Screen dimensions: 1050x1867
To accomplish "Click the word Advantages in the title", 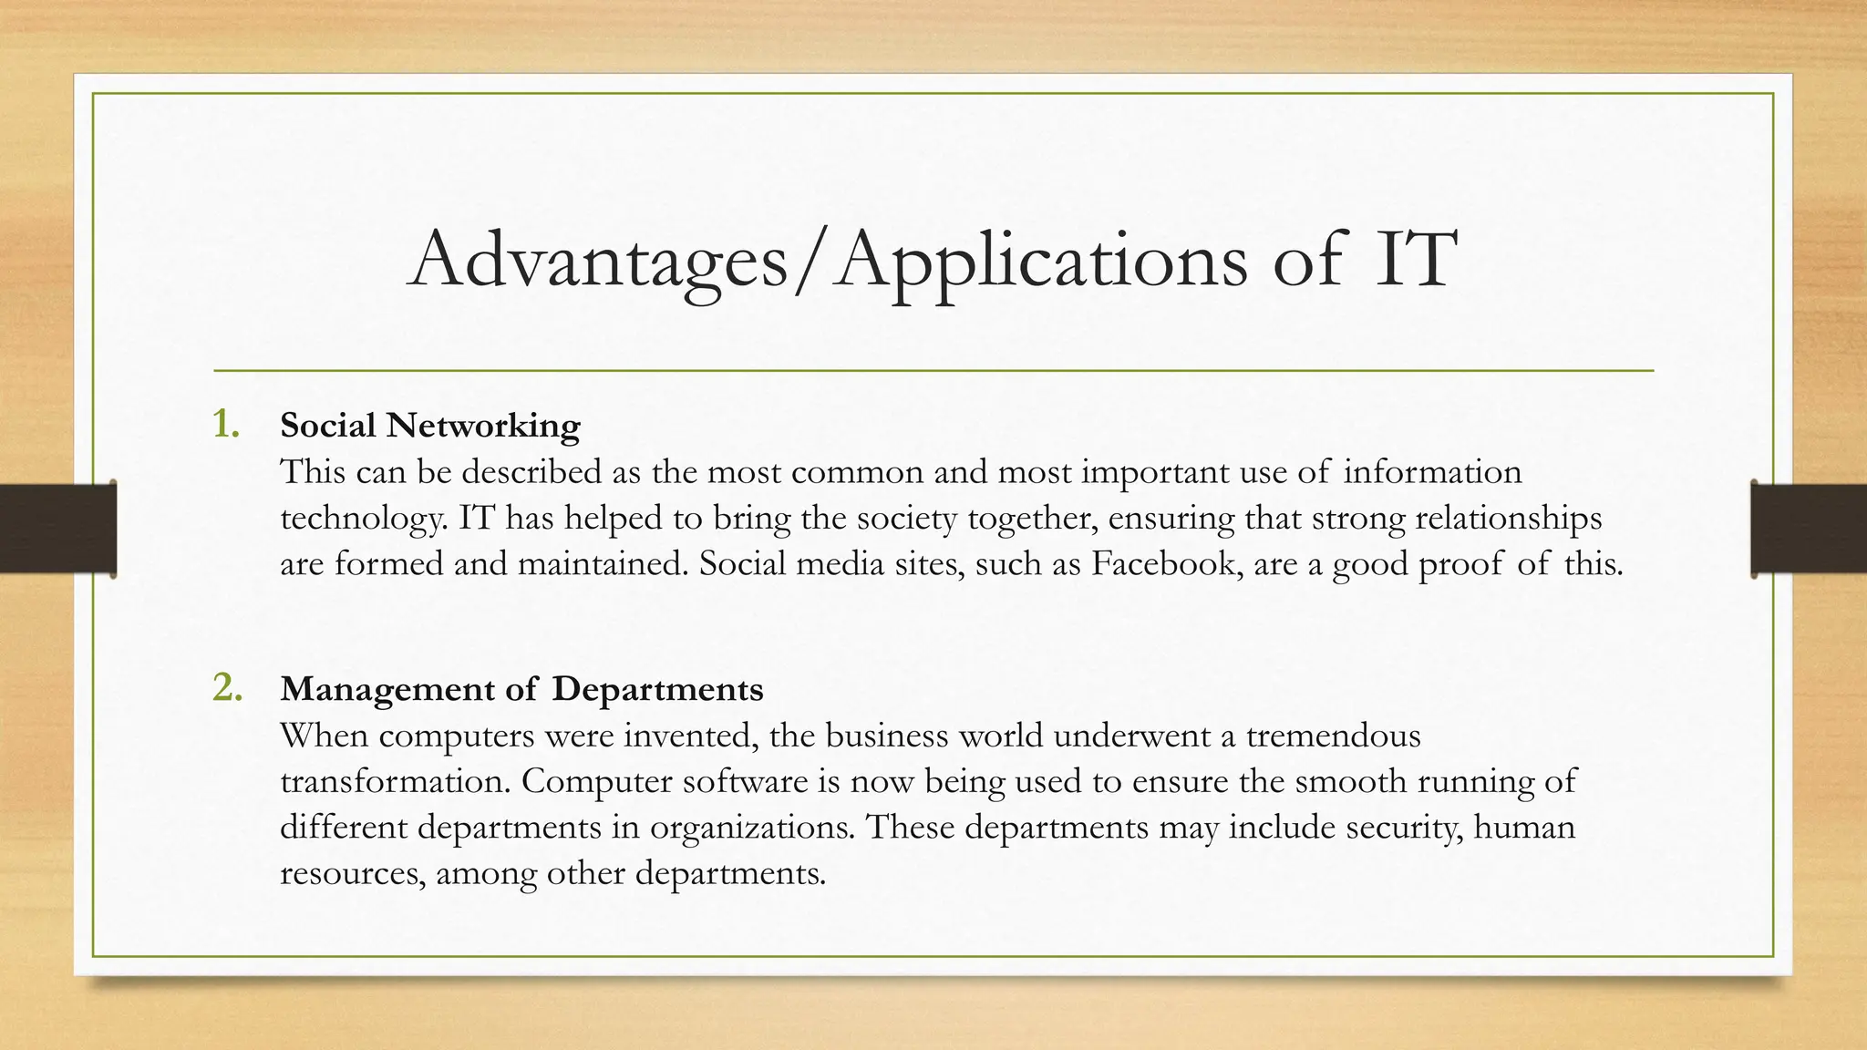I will point(597,262).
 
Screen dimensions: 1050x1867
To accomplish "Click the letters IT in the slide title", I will point(1410,262).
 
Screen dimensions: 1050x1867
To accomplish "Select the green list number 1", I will point(226,424).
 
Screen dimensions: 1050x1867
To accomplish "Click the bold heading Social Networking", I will point(429,426).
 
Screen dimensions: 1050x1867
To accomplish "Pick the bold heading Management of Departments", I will point(521,689).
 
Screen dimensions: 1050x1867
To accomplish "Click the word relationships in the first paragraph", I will point(1508,518).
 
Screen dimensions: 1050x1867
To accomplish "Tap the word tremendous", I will point(1333,735).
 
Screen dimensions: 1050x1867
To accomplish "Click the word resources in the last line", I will point(352,873).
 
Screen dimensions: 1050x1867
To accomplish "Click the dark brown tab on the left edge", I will point(57,529).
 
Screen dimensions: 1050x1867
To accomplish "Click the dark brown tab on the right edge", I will point(1809,529).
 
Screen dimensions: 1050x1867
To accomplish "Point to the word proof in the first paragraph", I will point(1460,563).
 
